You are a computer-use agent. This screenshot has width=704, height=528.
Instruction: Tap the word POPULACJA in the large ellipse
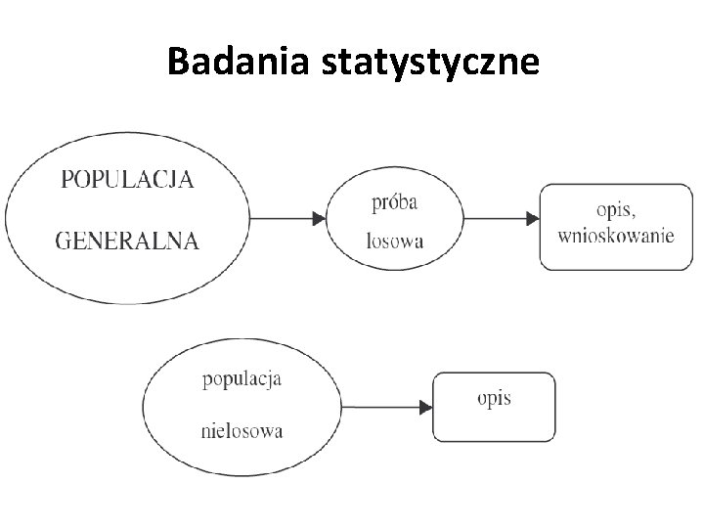coord(127,179)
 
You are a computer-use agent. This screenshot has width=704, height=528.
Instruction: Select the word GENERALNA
coord(127,241)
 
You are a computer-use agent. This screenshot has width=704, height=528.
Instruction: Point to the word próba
coord(395,202)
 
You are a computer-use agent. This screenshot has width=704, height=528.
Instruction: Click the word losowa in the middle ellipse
coord(395,241)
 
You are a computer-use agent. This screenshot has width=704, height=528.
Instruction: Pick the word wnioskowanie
coord(616,236)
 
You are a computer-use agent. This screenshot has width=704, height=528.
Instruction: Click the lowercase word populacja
coord(242,378)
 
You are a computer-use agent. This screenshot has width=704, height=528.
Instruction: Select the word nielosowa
coord(242,429)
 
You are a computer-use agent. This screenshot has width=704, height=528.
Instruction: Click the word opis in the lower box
coord(495,398)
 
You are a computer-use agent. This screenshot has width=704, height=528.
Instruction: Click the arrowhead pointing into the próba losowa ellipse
coord(319,218)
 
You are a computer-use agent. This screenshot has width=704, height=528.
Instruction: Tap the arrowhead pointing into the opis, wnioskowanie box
coord(532,218)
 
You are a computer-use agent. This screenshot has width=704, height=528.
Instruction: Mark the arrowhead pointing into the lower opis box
coord(426,407)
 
